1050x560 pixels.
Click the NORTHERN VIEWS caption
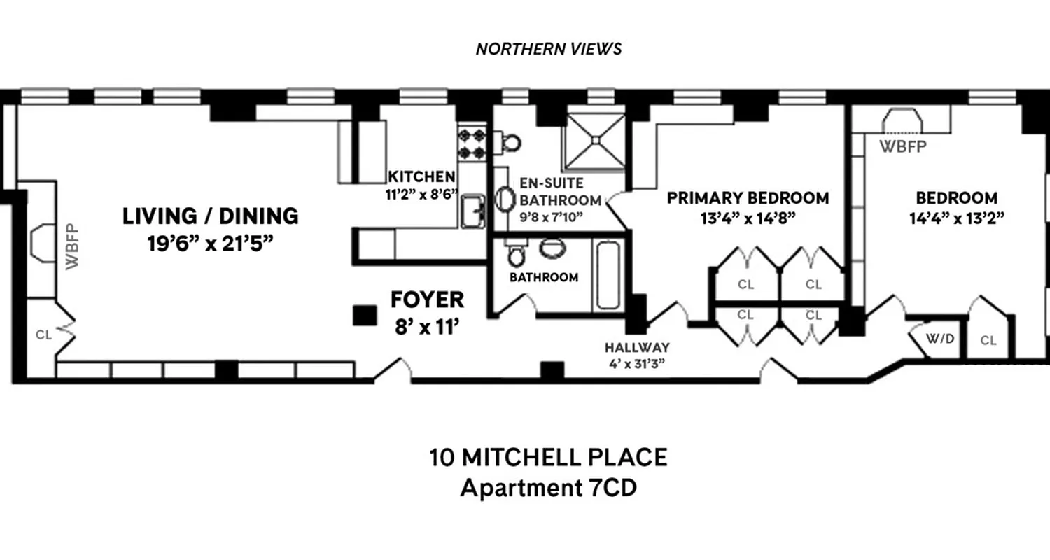548,49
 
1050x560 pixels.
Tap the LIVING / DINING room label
211,216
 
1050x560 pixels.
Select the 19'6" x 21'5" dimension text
211,245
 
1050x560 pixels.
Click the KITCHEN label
422,176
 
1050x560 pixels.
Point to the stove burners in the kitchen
472,143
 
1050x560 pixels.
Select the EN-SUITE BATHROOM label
559,192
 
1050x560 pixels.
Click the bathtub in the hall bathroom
607,275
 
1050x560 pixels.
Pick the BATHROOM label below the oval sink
544,277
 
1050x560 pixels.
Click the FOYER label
427,300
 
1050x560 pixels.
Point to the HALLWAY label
638,347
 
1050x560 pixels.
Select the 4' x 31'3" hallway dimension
638,363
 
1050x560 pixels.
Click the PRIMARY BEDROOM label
748,198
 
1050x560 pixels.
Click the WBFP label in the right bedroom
903,147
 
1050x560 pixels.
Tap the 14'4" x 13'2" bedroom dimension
955,218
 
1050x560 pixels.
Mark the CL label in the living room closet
43,335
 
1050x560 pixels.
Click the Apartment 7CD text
548,488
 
